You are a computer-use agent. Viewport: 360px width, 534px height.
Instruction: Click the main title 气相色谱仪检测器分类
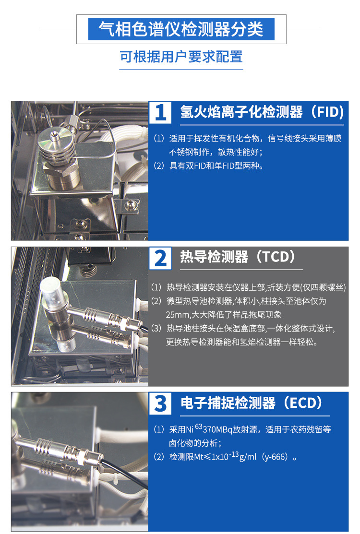(x=181, y=29)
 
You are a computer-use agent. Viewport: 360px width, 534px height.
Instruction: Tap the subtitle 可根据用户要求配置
(x=181, y=57)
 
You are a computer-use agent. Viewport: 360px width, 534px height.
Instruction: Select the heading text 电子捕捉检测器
(x=228, y=403)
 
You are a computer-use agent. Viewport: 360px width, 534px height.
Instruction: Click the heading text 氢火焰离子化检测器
(x=241, y=112)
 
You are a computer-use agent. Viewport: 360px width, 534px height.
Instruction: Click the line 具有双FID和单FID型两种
(x=216, y=166)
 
